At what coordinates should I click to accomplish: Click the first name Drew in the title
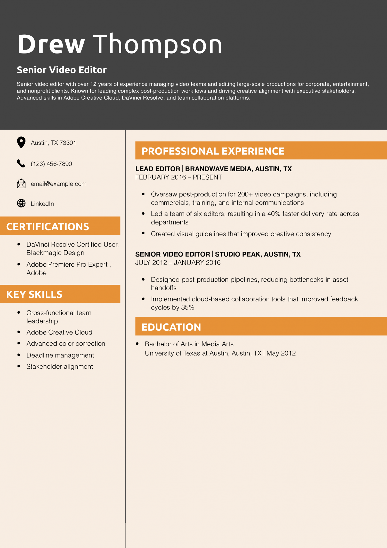(x=51, y=44)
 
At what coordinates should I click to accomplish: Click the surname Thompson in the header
(x=157, y=44)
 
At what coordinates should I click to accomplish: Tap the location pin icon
(x=21, y=142)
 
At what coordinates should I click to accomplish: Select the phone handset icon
(x=21, y=163)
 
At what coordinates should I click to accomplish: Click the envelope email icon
(x=21, y=183)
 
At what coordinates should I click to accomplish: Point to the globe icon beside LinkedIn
(x=21, y=203)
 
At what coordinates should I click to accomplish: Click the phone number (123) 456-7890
(x=51, y=164)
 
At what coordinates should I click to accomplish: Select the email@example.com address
(x=59, y=184)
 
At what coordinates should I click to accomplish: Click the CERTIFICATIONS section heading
(x=48, y=227)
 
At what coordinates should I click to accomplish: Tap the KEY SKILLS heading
(x=34, y=294)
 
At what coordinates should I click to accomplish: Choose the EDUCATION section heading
(x=171, y=327)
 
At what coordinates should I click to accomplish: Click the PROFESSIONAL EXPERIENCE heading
(x=213, y=151)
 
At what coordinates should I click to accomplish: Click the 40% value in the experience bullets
(x=274, y=214)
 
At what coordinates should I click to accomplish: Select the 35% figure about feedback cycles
(x=188, y=307)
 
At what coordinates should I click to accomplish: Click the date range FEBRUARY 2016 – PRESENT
(x=179, y=177)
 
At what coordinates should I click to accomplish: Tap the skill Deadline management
(x=60, y=355)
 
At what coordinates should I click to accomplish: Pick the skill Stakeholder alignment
(x=60, y=367)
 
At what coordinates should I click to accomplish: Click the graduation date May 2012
(x=281, y=353)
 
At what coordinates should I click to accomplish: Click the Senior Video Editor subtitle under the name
(x=62, y=70)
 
